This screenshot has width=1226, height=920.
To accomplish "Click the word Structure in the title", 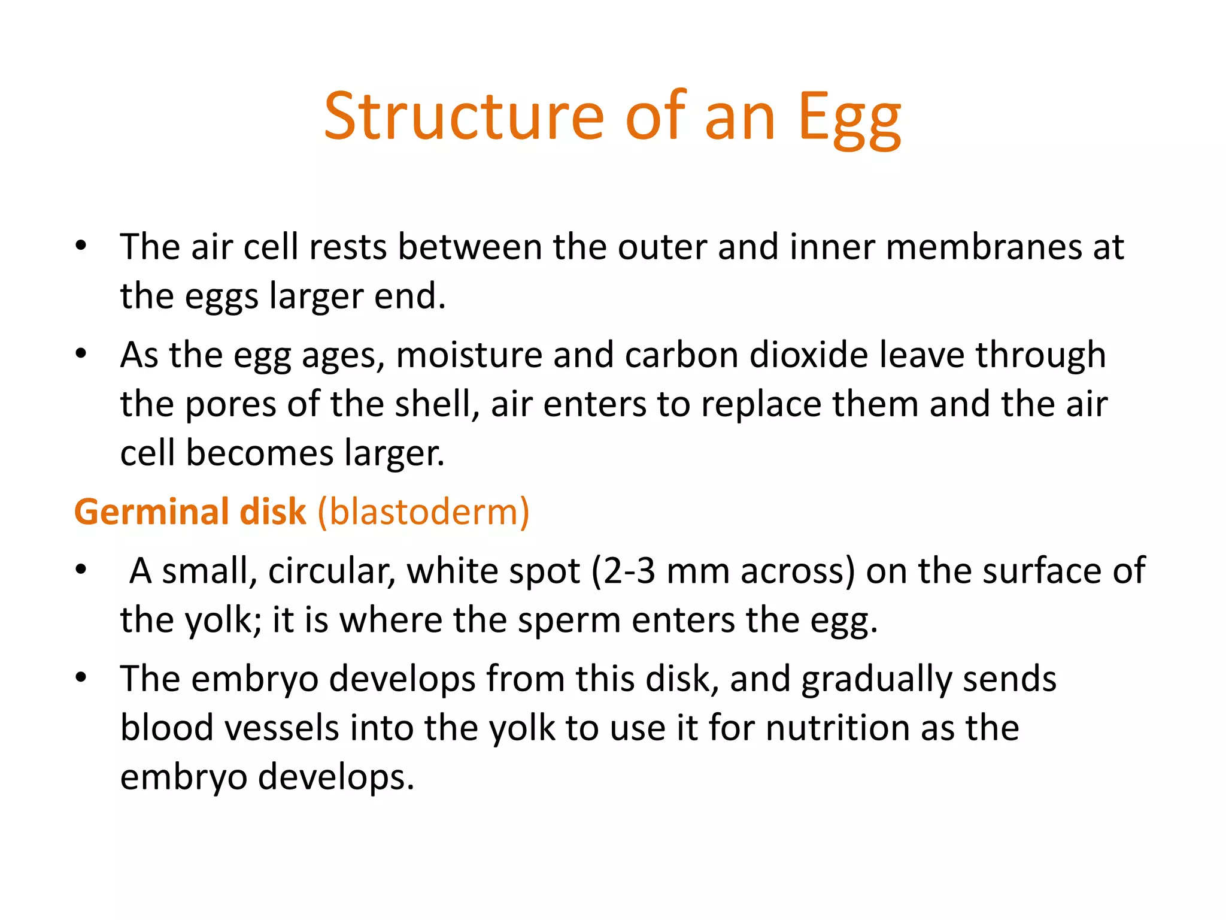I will click(465, 116).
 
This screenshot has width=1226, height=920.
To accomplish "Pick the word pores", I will click(230, 404).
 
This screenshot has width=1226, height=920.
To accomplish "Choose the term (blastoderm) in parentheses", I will click(423, 512).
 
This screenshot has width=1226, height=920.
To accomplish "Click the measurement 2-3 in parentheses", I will click(629, 571).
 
